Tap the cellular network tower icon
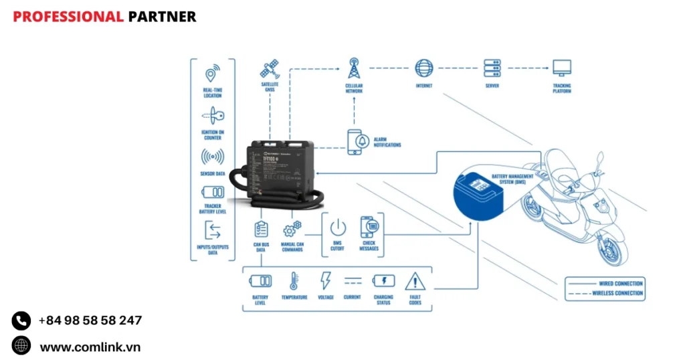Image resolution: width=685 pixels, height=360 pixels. click(x=354, y=68)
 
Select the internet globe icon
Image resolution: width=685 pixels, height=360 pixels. click(x=423, y=68)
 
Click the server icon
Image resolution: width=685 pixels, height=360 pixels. click(x=492, y=68)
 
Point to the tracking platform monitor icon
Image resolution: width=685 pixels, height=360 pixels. click(x=561, y=68)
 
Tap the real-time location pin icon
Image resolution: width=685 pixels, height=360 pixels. click(x=213, y=74)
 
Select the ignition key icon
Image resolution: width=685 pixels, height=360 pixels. click(x=213, y=115)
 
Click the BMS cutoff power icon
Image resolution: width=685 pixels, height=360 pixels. click(x=338, y=228)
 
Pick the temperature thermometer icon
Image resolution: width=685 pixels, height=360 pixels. click(x=294, y=280)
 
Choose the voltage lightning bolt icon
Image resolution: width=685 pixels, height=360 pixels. click(x=326, y=280)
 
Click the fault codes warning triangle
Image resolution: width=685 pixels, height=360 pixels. click(x=415, y=280)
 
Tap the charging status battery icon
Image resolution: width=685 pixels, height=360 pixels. click(x=383, y=280)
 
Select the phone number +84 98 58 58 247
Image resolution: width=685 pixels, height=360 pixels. click(x=90, y=321)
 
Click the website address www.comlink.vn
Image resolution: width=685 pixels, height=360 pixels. click(x=90, y=347)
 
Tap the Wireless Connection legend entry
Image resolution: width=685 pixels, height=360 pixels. click(x=605, y=293)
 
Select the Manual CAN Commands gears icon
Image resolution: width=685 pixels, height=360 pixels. click(x=292, y=229)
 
